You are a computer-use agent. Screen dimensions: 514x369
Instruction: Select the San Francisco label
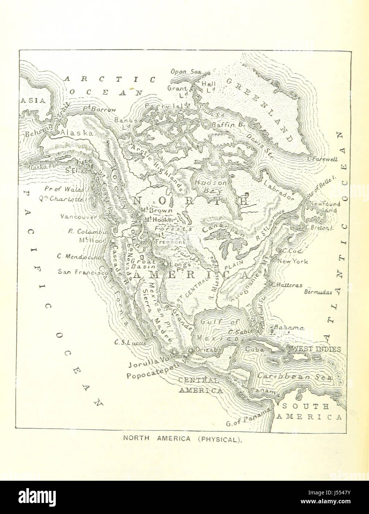pos(80,271)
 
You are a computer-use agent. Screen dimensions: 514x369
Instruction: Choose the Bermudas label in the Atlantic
pos(318,292)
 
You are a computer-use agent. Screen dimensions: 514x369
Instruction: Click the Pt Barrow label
pos(99,110)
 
